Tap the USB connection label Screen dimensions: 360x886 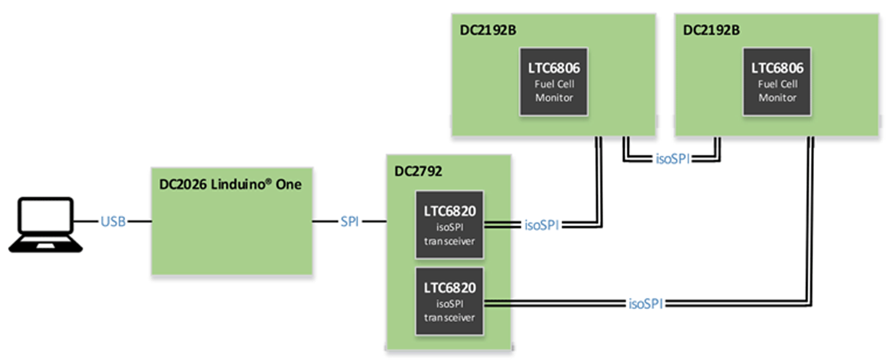coord(115,222)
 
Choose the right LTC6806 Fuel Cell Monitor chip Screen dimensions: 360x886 coord(777,81)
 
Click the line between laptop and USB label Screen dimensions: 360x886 coord(88,222)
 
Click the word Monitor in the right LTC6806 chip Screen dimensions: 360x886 coord(777,97)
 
